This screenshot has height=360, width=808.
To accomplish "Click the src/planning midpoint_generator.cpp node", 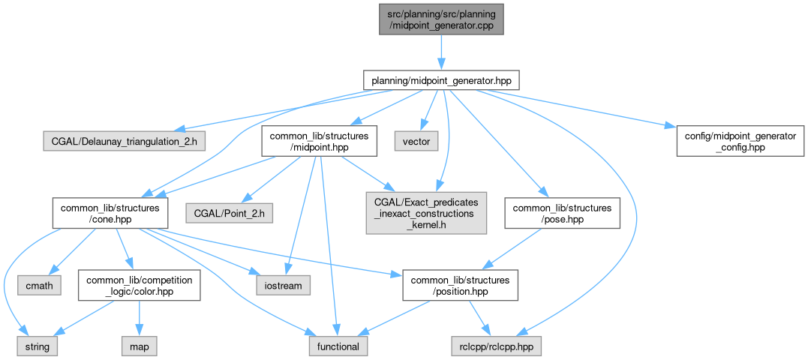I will point(440,20).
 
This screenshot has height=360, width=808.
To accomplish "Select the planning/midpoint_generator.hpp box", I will point(440,79).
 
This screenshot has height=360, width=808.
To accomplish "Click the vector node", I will point(415,140).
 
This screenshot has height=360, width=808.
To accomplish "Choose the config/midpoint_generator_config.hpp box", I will point(735,140).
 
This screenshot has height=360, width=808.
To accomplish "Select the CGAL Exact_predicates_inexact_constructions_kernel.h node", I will point(425,212).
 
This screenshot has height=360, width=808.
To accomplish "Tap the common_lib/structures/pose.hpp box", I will point(563,212).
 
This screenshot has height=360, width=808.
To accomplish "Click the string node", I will point(38,346).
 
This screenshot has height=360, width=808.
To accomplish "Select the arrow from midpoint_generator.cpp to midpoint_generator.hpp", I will point(440,52).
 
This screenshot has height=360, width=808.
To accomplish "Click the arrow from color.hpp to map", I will point(138,318).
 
